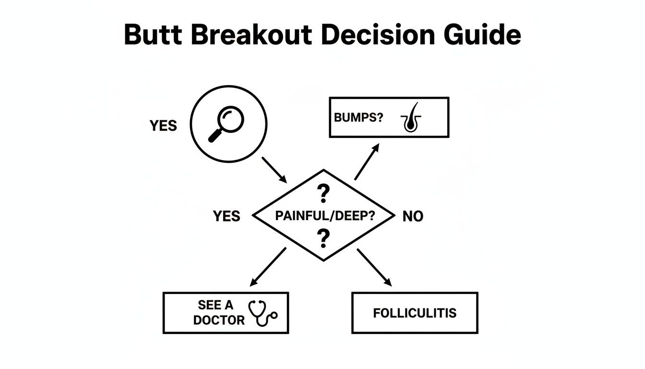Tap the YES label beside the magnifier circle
tap(163, 126)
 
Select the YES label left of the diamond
tap(227, 216)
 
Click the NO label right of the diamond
tap(413, 217)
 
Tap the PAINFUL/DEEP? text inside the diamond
tap(325, 216)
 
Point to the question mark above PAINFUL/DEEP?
tap(324, 194)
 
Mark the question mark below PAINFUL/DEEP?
tap(324, 237)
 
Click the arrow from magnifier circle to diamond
tap(274, 169)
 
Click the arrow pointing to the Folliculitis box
tap(374, 267)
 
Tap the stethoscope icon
tap(263, 313)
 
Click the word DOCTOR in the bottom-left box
tap(219, 320)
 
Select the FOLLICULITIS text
tap(415, 313)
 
